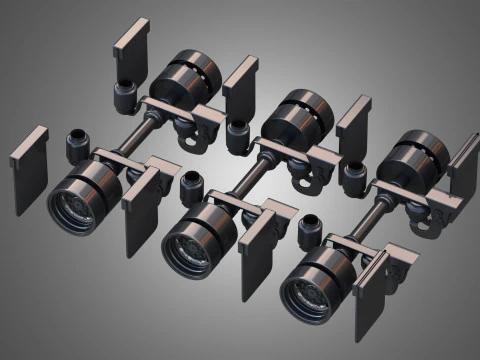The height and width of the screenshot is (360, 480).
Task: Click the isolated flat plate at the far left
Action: pos(29,169)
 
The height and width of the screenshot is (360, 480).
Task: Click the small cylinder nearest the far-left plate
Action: pos(78,145)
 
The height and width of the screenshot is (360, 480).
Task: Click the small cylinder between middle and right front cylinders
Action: pos(311,233)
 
